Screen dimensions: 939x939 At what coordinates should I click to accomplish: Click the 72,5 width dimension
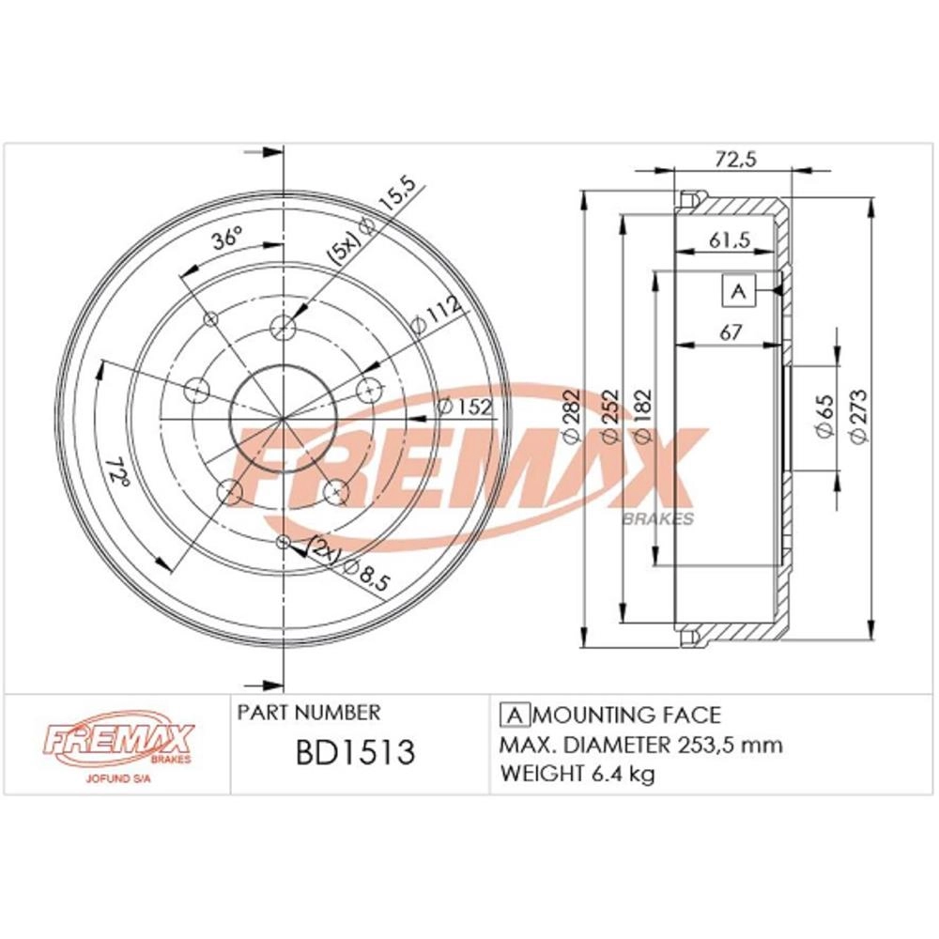click(x=736, y=159)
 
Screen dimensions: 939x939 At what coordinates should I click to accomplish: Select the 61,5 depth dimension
click(x=730, y=239)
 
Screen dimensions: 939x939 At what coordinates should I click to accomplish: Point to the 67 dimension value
click(x=731, y=331)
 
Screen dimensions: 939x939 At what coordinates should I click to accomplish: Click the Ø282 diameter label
click(x=571, y=416)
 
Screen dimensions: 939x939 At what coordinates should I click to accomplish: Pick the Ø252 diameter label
click(x=609, y=416)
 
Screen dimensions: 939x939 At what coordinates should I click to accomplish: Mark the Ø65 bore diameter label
click(x=825, y=416)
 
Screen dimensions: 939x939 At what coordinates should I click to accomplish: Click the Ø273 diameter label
click(x=858, y=416)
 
